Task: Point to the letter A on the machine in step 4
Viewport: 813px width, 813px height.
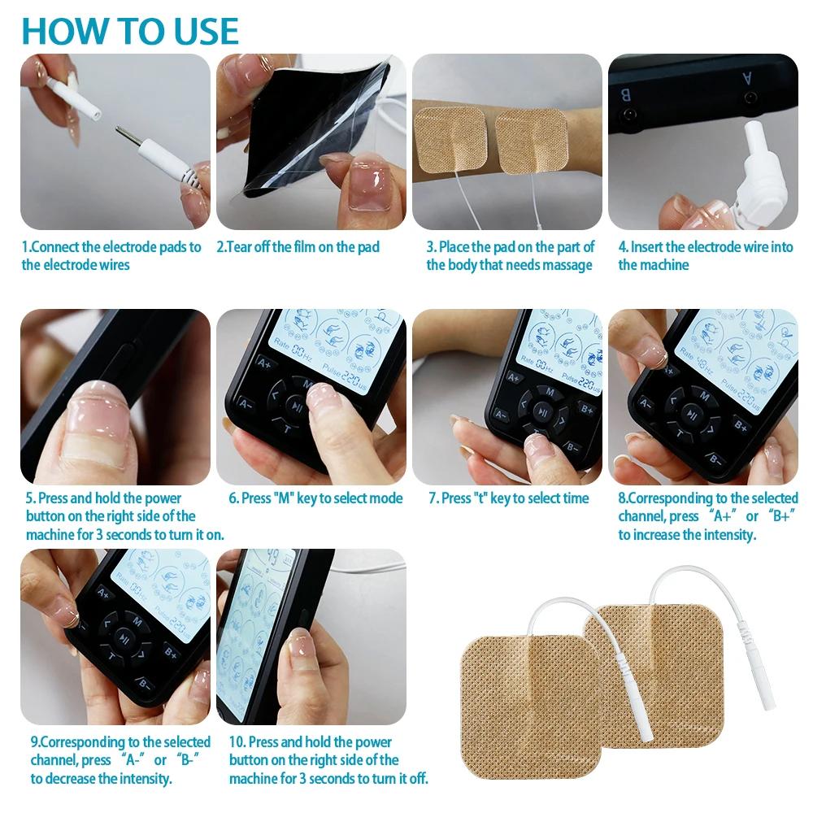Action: (x=747, y=79)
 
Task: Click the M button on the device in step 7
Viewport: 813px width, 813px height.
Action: (x=550, y=392)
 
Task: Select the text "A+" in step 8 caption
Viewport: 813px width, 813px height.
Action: (x=721, y=516)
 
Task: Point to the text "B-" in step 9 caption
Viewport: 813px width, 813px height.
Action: (x=188, y=760)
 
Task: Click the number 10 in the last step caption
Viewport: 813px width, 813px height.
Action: (x=237, y=742)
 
